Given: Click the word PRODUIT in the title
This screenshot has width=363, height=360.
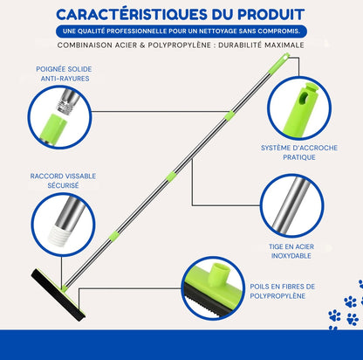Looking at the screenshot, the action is point(271,15).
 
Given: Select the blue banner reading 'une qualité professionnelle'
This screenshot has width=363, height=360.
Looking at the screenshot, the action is point(181,31).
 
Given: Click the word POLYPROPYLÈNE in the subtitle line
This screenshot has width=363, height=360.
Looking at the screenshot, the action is point(180,45).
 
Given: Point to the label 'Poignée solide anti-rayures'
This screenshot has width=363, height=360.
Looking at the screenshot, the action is point(64,73).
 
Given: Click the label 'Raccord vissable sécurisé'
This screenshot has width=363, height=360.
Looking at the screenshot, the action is point(63,181).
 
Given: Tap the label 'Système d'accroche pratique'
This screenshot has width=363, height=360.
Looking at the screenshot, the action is point(299,152).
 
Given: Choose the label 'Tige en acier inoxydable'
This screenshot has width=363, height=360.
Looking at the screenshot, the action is point(291,251).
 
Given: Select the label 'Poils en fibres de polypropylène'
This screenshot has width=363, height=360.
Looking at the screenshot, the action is point(282,291).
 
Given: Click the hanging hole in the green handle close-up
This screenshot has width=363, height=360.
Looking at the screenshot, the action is point(305,99).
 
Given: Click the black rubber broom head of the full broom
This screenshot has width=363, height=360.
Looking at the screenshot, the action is point(58,295).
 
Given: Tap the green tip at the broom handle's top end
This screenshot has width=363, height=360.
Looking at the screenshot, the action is point(279,63).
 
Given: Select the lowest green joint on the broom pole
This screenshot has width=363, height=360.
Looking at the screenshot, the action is point(114,236).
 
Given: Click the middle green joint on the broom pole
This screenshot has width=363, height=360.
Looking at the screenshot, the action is point(172,177).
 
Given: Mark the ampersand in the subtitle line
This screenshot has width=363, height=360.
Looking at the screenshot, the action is point(142,45).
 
